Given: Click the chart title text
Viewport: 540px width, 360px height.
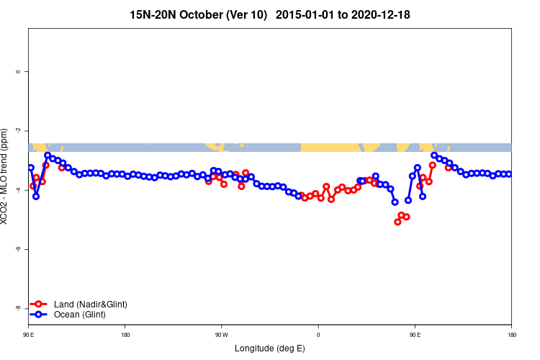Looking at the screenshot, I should tap(270, 14).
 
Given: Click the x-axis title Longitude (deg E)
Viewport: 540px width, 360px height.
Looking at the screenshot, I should tap(270, 348).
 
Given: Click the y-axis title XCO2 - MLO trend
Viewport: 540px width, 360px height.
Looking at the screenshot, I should tap(6, 176).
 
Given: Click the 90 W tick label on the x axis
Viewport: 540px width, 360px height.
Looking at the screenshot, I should tap(221, 335).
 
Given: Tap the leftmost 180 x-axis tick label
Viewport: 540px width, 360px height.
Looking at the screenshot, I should tap(125, 335).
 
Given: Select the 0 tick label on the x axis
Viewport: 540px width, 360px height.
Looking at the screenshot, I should tap(318, 335).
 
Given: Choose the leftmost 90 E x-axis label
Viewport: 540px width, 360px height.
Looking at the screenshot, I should tap(29, 335).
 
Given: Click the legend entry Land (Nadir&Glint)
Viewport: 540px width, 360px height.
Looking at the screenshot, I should tap(90, 305).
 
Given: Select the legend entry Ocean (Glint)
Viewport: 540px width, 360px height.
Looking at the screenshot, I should tap(80, 315).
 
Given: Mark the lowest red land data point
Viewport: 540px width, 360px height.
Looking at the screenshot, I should tap(397, 222).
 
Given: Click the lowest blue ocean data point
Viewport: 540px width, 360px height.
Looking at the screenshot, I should tap(395, 202).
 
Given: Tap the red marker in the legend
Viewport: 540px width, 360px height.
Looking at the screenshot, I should tap(40, 305).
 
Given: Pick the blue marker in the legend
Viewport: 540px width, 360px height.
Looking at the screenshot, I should tap(40, 315).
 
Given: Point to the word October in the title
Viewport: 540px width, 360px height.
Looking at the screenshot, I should tap(197, 14).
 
